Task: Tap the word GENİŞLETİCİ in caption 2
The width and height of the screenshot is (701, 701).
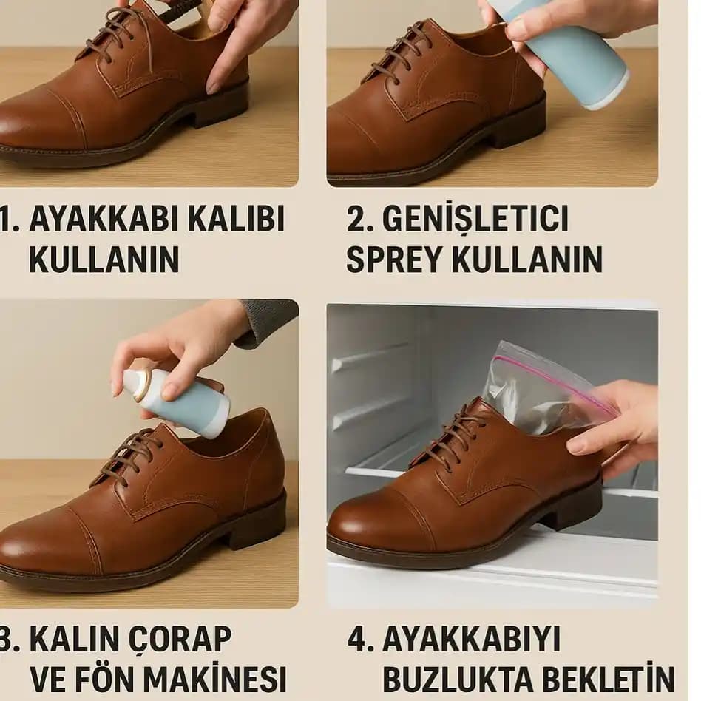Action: point(476,220)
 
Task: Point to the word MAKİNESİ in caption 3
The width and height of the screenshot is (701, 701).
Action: point(214,679)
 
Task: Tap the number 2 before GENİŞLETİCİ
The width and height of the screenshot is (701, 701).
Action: point(357,220)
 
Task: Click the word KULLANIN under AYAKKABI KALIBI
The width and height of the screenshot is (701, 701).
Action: point(104,259)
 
